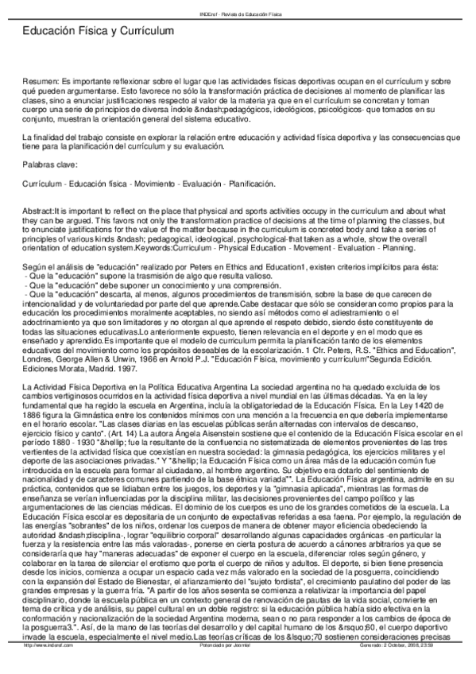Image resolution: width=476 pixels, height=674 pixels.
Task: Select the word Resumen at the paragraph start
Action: [x=41, y=81]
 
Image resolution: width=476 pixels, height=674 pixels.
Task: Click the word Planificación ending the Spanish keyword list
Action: [x=251, y=184]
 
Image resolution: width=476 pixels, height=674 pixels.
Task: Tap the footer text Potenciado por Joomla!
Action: [x=238, y=668]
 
